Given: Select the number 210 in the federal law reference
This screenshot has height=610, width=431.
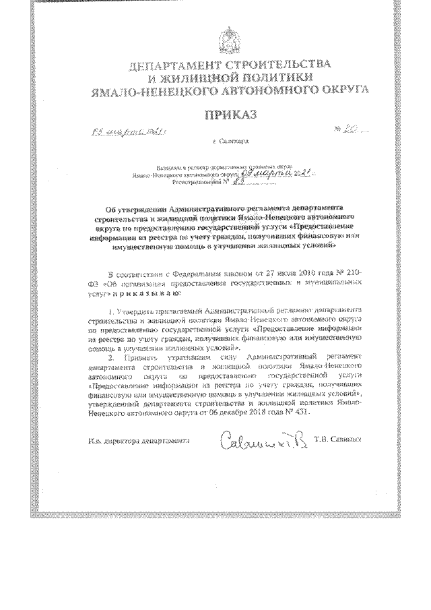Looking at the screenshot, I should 352,274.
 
